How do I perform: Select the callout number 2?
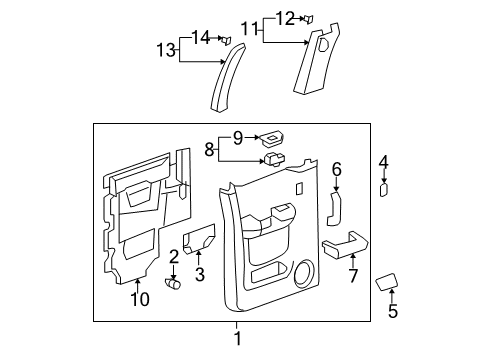tap(174, 258)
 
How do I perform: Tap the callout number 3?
tap(199, 274)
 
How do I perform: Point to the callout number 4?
tap(384, 161)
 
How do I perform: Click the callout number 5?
tap(392, 312)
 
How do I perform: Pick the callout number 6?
tap(337, 170)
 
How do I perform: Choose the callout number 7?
tap(351, 275)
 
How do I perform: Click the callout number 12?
tap(285, 17)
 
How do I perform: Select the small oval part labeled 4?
tap(385, 190)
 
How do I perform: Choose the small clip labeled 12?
tap(310, 18)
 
